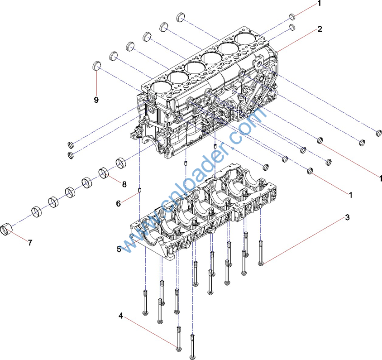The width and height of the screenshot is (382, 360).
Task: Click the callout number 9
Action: point(96,100)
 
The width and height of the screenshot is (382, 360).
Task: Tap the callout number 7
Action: point(30,243)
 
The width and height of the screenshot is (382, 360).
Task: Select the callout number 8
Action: point(124,184)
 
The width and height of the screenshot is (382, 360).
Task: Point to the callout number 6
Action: point(118,204)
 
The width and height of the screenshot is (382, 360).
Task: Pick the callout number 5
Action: point(119,249)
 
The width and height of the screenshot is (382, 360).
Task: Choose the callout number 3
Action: point(347,217)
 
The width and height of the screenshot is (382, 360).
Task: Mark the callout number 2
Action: point(320,29)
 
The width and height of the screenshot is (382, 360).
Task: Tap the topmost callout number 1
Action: point(319,3)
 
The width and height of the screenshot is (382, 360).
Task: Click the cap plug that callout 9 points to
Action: point(96,65)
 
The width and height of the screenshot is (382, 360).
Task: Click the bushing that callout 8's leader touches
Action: point(105,173)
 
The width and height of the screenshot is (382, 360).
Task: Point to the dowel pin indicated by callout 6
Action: point(140,190)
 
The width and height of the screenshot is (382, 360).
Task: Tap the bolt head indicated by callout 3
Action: point(261,263)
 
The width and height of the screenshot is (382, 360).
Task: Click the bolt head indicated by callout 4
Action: point(178,348)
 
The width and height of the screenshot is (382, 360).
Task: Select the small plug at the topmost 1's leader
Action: point(292,17)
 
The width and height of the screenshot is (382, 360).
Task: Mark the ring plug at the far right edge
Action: point(379,132)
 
